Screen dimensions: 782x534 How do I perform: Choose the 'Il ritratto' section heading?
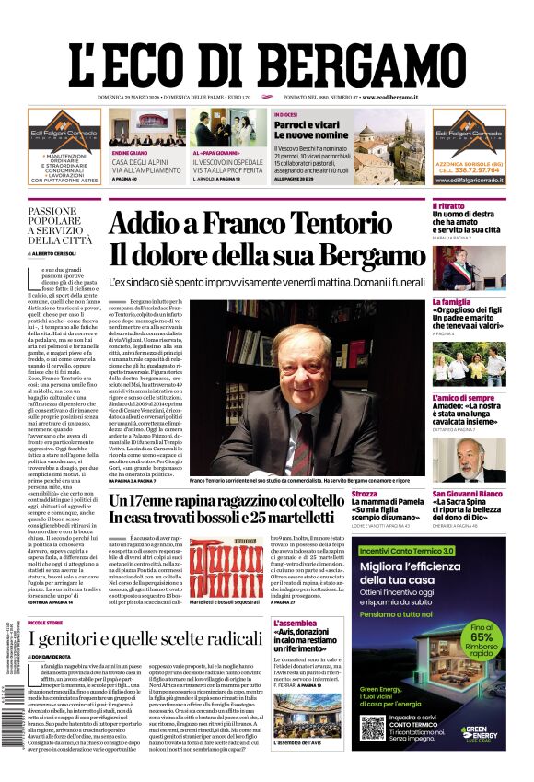(448, 206)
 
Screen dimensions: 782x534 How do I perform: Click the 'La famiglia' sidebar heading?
(451, 301)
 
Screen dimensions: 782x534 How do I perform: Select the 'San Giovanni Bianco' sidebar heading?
(469, 494)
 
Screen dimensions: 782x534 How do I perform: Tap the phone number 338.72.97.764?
(475, 169)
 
